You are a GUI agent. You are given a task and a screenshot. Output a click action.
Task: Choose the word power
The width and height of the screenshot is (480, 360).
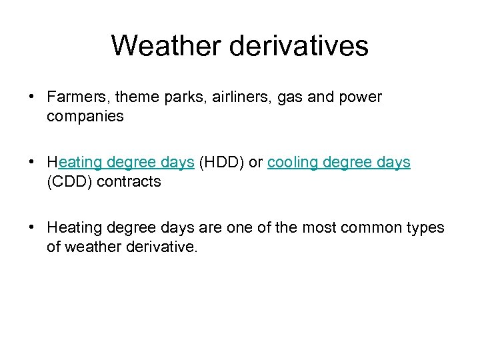(x=360, y=97)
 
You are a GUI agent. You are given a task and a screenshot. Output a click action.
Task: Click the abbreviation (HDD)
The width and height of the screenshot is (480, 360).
(x=222, y=163)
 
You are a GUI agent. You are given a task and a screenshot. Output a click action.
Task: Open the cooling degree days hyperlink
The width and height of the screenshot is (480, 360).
(x=339, y=163)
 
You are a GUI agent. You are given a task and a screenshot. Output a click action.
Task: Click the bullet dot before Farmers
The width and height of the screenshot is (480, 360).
(x=32, y=97)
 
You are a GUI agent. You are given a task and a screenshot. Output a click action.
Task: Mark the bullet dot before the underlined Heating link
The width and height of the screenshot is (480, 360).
(x=32, y=163)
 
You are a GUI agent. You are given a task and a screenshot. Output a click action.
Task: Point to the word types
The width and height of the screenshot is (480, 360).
(x=425, y=228)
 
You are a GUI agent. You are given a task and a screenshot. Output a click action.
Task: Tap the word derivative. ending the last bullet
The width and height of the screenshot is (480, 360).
(x=164, y=247)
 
